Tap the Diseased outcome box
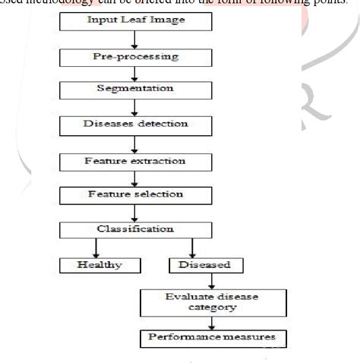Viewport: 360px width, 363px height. coord(200,265)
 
